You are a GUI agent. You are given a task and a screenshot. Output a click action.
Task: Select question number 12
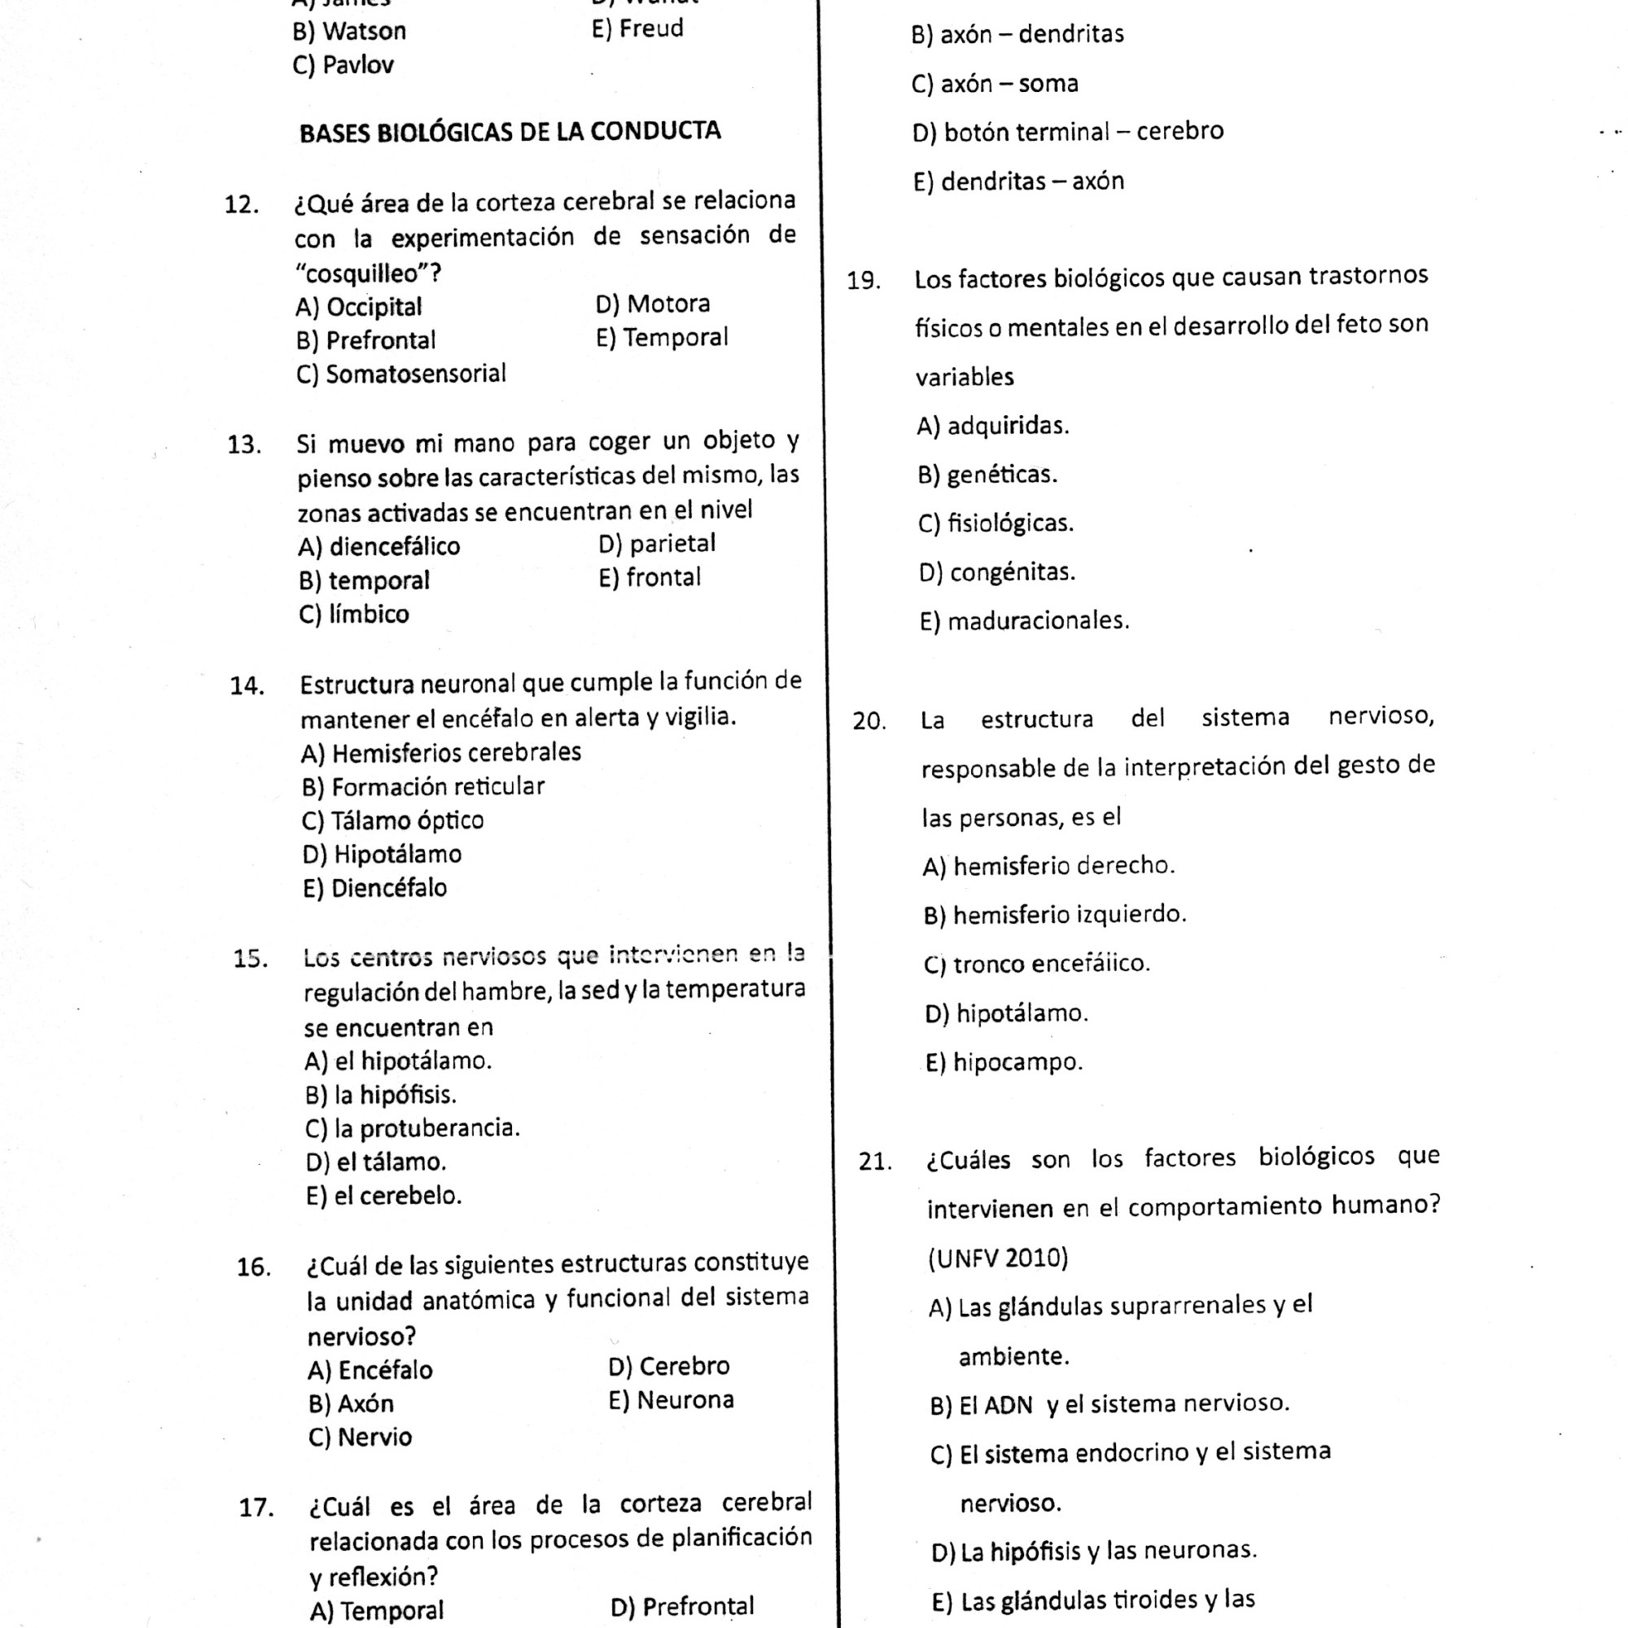click(x=241, y=205)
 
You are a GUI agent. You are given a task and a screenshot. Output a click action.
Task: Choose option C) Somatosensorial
click(x=401, y=374)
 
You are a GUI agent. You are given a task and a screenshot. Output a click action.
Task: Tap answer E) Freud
click(x=637, y=29)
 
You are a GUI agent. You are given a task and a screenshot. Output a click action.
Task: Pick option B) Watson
click(x=349, y=32)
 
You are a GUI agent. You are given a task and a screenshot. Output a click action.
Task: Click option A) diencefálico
click(x=379, y=546)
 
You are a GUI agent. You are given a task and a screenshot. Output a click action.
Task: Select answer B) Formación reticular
click(x=423, y=786)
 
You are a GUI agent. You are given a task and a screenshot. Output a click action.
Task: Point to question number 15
click(x=250, y=959)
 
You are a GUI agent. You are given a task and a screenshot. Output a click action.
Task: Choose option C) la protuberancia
click(x=412, y=1127)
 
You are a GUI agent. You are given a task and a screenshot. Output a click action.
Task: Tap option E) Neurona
click(x=671, y=1399)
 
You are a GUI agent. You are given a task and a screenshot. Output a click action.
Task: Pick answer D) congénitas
click(x=997, y=572)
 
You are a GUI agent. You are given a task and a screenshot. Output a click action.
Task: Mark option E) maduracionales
click(x=1024, y=621)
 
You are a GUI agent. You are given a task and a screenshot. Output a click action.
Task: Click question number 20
click(x=869, y=721)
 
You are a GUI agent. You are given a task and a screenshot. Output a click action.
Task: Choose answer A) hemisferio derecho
click(x=1048, y=865)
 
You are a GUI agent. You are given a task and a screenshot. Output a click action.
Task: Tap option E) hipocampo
click(x=1004, y=1061)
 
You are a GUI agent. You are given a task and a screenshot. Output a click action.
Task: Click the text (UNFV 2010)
click(x=998, y=1258)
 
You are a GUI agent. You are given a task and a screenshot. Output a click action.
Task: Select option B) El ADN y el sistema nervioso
click(x=1109, y=1404)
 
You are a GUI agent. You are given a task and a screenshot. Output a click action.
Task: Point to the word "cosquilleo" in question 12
click(x=361, y=274)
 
